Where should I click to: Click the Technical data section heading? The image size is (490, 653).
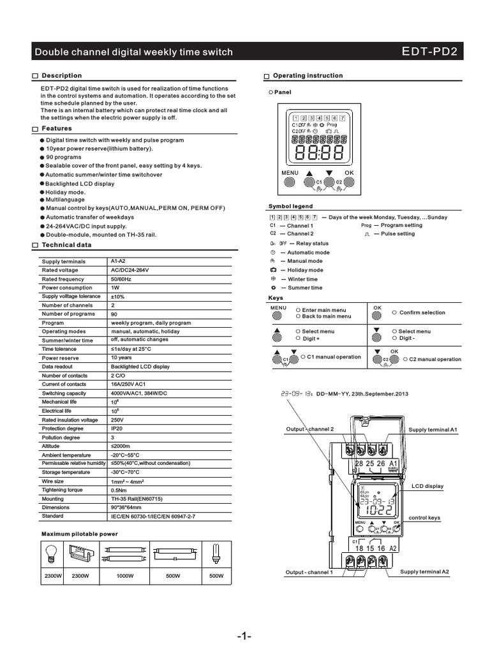[66, 245]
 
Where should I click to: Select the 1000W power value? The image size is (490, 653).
[125, 576]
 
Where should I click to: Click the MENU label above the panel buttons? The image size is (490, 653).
[290, 173]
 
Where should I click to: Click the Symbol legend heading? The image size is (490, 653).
[290, 207]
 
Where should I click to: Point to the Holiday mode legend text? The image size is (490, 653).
[305, 270]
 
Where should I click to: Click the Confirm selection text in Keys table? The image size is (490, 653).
[422, 312]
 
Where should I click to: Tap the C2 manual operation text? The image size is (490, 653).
[435, 359]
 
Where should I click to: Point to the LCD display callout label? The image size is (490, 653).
[427, 486]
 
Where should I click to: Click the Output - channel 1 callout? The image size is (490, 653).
[309, 572]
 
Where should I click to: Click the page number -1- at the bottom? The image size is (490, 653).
[245, 636]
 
